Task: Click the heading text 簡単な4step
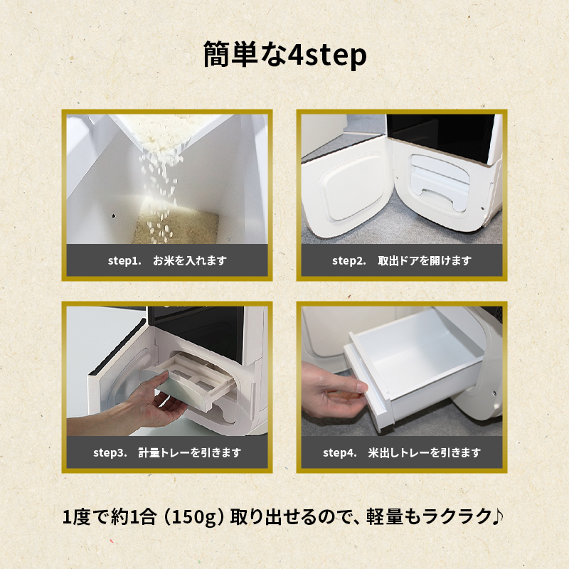tap(285, 55)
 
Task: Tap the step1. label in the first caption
tap(124, 260)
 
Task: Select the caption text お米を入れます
tap(189, 260)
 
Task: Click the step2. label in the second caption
tap(349, 260)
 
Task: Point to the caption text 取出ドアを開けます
tap(425, 260)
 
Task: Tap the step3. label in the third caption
tap(110, 452)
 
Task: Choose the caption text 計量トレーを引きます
tap(189, 452)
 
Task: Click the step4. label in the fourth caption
tap(340, 452)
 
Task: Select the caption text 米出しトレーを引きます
tap(425, 452)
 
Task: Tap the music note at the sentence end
tap(497, 516)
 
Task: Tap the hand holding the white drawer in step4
tap(332, 390)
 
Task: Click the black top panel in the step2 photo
tap(441, 136)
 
